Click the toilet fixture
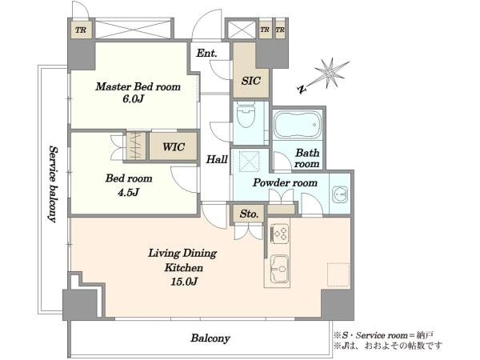[x=246, y=116]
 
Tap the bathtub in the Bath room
[x=298, y=125]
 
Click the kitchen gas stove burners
[x=280, y=234]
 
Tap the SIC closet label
[x=250, y=81]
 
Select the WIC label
[x=174, y=147]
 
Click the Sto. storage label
[x=249, y=214]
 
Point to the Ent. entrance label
[x=206, y=53]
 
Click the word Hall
[x=217, y=159]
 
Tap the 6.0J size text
[x=133, y=99]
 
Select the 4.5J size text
[x=129, y=192]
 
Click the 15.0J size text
[x=184, y=281]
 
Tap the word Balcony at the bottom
[x=210, y=338]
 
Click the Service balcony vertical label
[x=53, y=184]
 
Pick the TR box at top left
[x=81, y=30]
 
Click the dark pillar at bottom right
[x=337, y=304]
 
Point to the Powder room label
[x=285, y=183]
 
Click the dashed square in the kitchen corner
[x=338, y=274]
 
